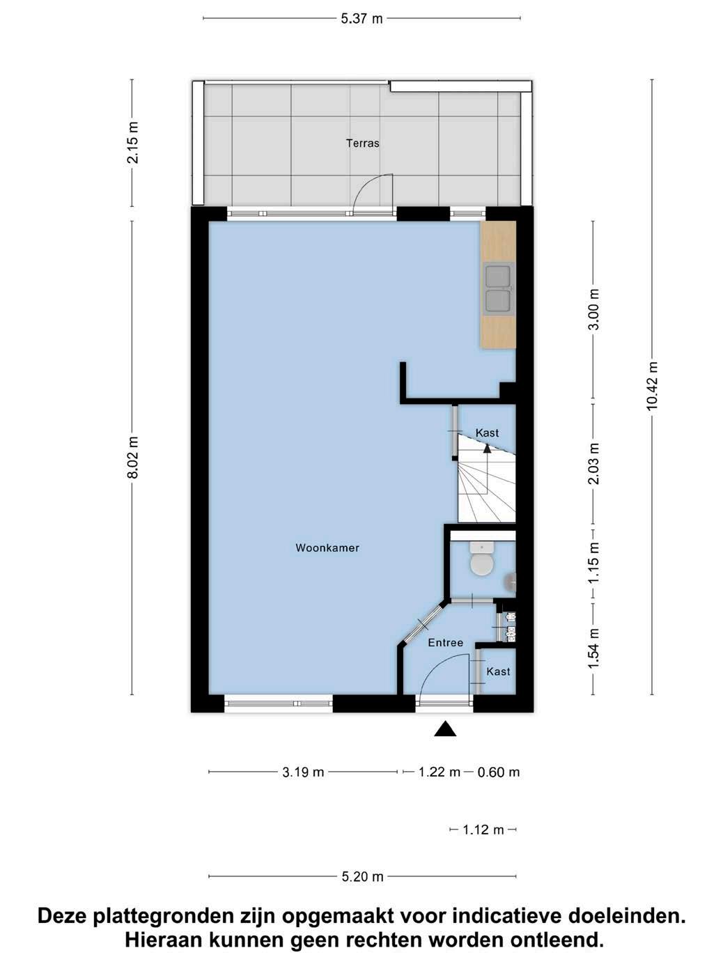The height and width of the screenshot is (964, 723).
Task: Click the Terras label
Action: click(362, 143)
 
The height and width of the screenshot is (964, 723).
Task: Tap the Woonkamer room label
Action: click(327, 547)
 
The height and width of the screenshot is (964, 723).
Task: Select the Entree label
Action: click(445, 642)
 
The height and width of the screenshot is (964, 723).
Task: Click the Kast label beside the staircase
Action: click(487, 433)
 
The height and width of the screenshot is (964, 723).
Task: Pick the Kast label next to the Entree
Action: click(498, 671)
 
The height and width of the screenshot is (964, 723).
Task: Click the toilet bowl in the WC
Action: click(482, 564)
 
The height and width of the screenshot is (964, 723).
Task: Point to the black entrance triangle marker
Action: click(445, 729)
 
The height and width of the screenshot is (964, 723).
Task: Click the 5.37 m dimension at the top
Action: click(361, 19)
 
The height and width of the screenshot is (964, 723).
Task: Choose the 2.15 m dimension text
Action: click(132, 143)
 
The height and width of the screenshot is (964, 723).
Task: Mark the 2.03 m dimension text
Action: click(593, 463)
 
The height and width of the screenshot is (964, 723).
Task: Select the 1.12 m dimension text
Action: click(483, 830)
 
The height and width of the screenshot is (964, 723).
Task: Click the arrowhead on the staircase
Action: click(487, 448)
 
